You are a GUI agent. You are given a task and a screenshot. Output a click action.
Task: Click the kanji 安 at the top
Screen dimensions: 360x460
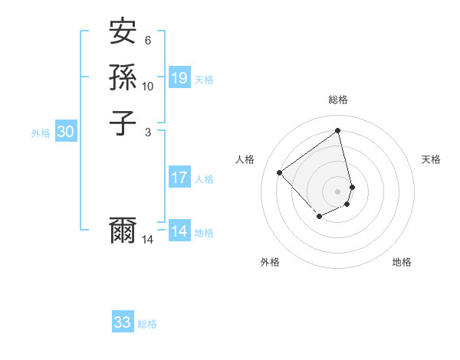123,33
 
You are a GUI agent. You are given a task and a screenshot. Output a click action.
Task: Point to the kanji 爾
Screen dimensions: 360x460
123,231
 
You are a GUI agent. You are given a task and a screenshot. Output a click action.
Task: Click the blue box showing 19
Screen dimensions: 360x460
179,77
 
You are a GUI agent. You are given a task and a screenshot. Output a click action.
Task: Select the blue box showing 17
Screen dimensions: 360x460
179,178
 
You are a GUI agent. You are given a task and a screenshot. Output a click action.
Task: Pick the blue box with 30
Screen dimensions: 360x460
66,132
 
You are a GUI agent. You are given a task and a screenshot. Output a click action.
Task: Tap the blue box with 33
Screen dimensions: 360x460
123,322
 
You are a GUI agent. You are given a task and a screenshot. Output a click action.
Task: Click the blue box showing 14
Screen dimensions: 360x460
179,231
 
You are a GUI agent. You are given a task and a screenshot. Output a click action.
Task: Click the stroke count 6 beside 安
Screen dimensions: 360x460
148,41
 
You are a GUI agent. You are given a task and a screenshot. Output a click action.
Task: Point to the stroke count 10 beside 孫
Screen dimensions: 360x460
148,86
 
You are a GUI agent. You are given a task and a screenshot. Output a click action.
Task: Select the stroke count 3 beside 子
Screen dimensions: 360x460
148,131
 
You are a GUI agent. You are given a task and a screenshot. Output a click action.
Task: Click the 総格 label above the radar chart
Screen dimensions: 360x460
338,100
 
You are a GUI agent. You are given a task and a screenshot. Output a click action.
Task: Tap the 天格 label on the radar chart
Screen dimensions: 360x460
431,159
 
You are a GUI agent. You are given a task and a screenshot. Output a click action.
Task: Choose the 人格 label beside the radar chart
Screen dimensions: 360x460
245,159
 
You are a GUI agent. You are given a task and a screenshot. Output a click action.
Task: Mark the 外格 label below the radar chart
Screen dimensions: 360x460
270,262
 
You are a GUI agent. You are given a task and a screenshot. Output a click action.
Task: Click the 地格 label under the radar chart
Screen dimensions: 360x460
402,262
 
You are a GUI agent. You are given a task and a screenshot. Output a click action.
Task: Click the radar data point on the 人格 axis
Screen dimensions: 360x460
280,173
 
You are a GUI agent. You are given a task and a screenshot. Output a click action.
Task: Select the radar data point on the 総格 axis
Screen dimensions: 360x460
338,130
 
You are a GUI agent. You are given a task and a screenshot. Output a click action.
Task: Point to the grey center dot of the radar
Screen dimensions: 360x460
338,191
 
